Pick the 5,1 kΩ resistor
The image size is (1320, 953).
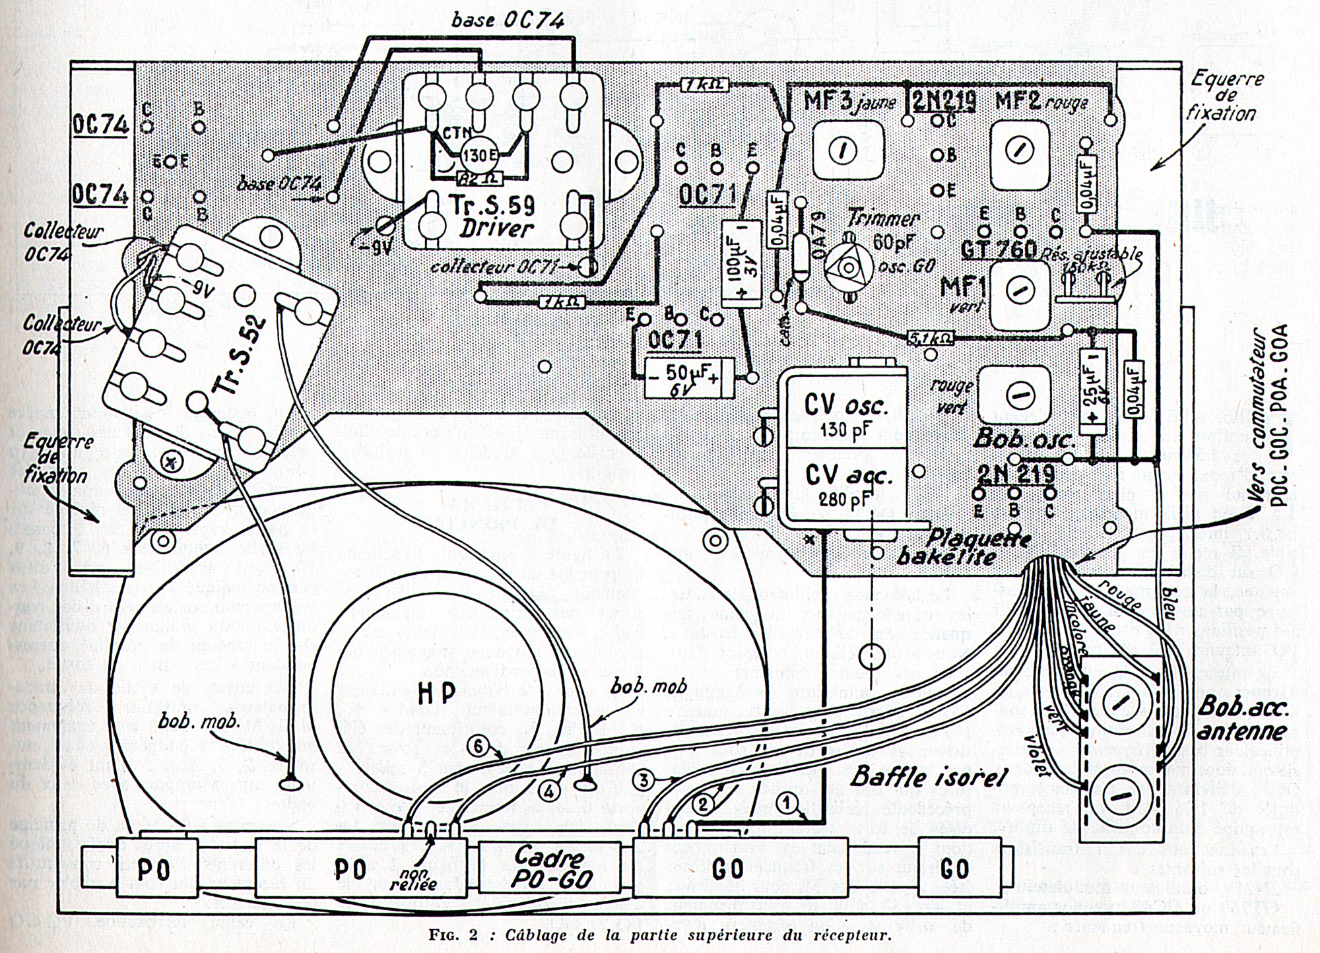[x=931, y=338]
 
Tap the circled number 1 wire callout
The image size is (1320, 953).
[x=785, y=801]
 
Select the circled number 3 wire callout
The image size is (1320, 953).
[x=645, y=780]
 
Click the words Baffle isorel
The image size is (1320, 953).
[x=927, y=777]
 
